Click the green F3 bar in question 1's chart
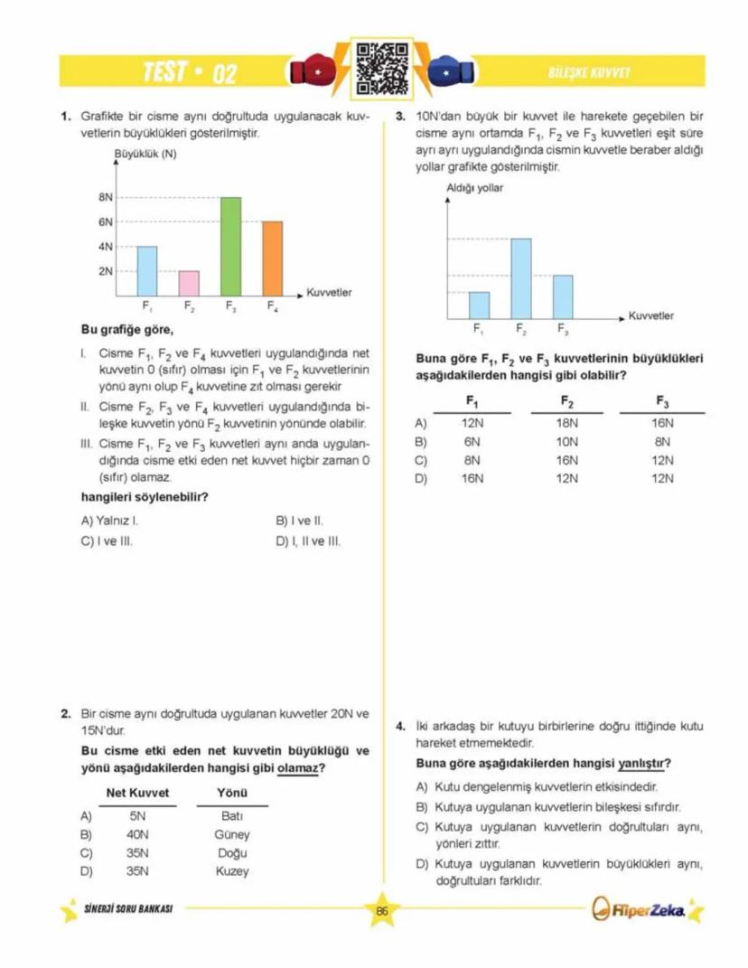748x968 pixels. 230,246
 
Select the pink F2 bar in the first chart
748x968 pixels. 189,283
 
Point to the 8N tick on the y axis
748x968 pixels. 106,197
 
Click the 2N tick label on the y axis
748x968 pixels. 106,271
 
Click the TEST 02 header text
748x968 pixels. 190,72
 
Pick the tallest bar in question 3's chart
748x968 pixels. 520,277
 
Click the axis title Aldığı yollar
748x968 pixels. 474,188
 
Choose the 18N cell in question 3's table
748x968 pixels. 566,422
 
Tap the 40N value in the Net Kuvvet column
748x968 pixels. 137,834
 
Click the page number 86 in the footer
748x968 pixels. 381,911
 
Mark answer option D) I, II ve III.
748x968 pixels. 307,541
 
